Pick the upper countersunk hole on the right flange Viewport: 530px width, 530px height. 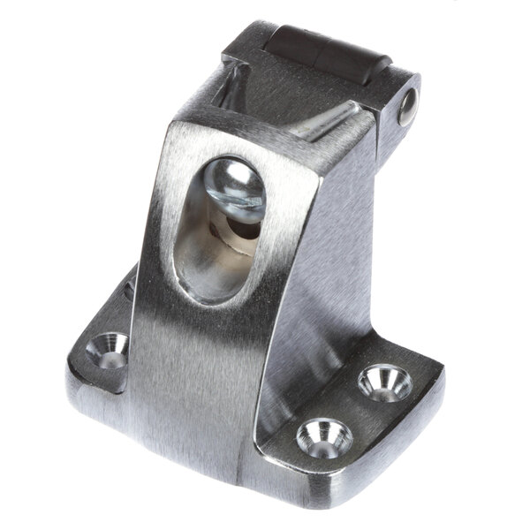click(x=385, y=382)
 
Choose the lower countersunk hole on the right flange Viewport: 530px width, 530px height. click(x=324, y=436)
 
